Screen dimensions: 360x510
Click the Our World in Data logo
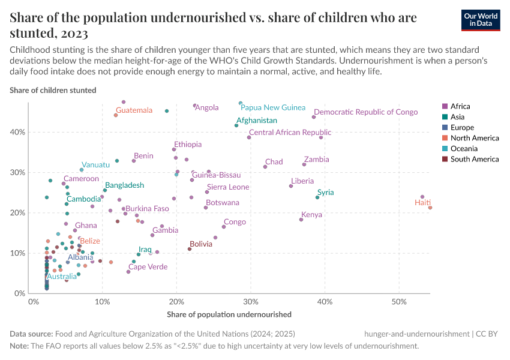[x=481, y=20]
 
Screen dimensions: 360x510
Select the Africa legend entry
[x=461, y=106]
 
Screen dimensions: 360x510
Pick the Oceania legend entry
[x=464, y=148]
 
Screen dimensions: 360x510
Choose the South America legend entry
[x=474, y=159]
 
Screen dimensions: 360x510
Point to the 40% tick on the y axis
[x=19, y=132]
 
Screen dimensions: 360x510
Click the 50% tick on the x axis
[x=400, y=301]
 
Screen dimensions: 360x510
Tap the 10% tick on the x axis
[x=102, y=301]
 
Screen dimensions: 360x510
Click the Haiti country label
[x=422, y=203]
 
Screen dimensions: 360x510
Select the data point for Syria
[x=317, y=197]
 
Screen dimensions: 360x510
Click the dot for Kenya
[x=301, y=220]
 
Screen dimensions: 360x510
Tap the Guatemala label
[x=134, y=110]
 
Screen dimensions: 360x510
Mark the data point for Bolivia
[x=190, y=249]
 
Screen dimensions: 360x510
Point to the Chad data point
[x=265, y=166]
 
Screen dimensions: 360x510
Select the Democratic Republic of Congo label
[x=365, y=112]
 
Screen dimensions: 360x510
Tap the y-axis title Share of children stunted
[x=53, y=90]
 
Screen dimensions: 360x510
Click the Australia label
[x=62, y=277]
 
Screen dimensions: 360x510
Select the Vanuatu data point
[x=82, y=170]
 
